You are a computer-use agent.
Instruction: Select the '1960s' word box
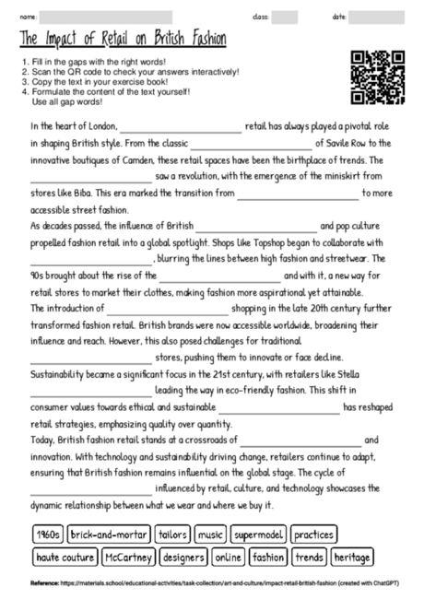point(46,535)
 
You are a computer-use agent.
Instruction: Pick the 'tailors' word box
point(173,535)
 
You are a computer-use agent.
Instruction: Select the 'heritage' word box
point(352,557)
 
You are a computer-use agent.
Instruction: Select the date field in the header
point(383,18)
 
